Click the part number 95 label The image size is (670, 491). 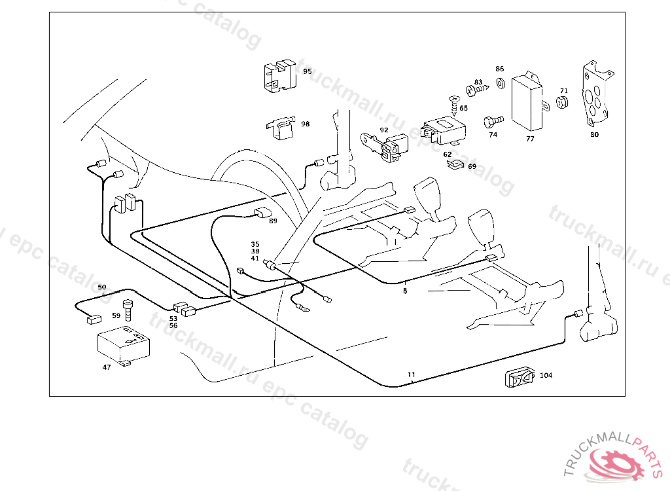click(307, 71)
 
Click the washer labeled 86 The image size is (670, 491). click(500, 83)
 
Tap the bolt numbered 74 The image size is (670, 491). click(493, 121)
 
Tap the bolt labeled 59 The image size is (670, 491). click(128, 309)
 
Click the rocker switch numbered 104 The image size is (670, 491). click(520, 378)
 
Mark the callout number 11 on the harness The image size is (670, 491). click(411, 375)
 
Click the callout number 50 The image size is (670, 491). click(101, 287)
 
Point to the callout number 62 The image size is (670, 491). click(448, 155)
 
